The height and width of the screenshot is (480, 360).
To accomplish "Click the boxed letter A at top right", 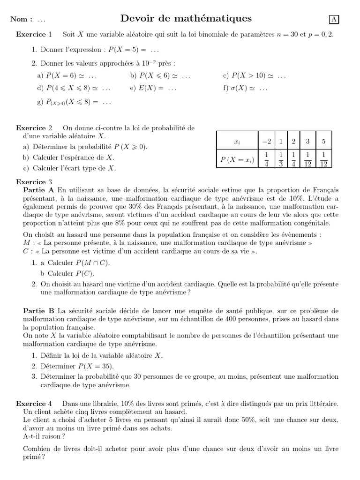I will pyautogui.click(x=334, y=19).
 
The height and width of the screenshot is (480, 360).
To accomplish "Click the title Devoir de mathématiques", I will pyautogui.click(x=186, y=19).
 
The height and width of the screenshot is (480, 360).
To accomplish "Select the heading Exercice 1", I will pyautogui.click(x=34, y=35).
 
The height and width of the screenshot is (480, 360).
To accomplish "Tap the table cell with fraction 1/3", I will pyautogui.click(x=281, y=159).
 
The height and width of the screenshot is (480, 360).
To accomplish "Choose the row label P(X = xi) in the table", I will pyautogui.click(x=237, y=160).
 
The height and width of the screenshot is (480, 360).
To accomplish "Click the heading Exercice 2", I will pyautogui.click(x=34, y=128).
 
